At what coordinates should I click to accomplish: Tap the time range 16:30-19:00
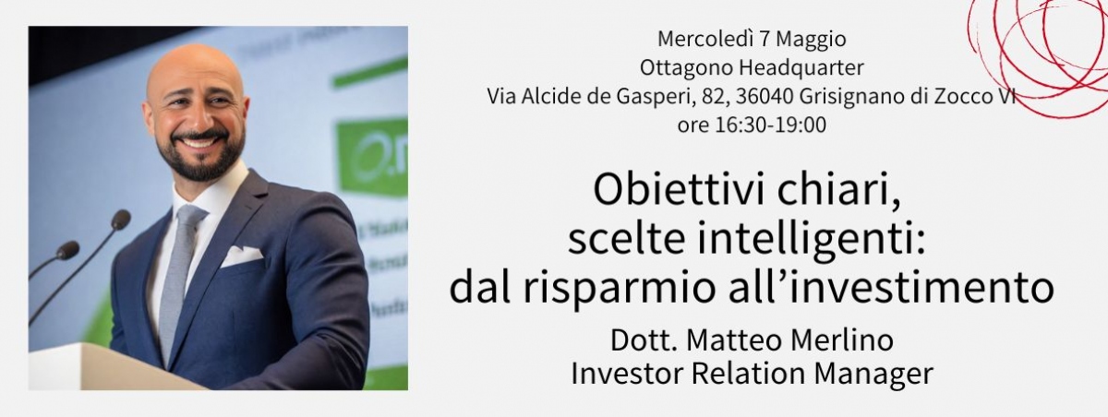click(x=771, y=125)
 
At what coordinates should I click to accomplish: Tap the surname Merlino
click(x=836, y=340)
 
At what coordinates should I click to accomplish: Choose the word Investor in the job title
click(x=627, y=374)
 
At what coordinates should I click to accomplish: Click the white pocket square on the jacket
click(x=241, y=256)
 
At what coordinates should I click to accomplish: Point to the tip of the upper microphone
click(x=121, y=219)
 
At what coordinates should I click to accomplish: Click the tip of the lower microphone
click(x=68, y=250)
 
